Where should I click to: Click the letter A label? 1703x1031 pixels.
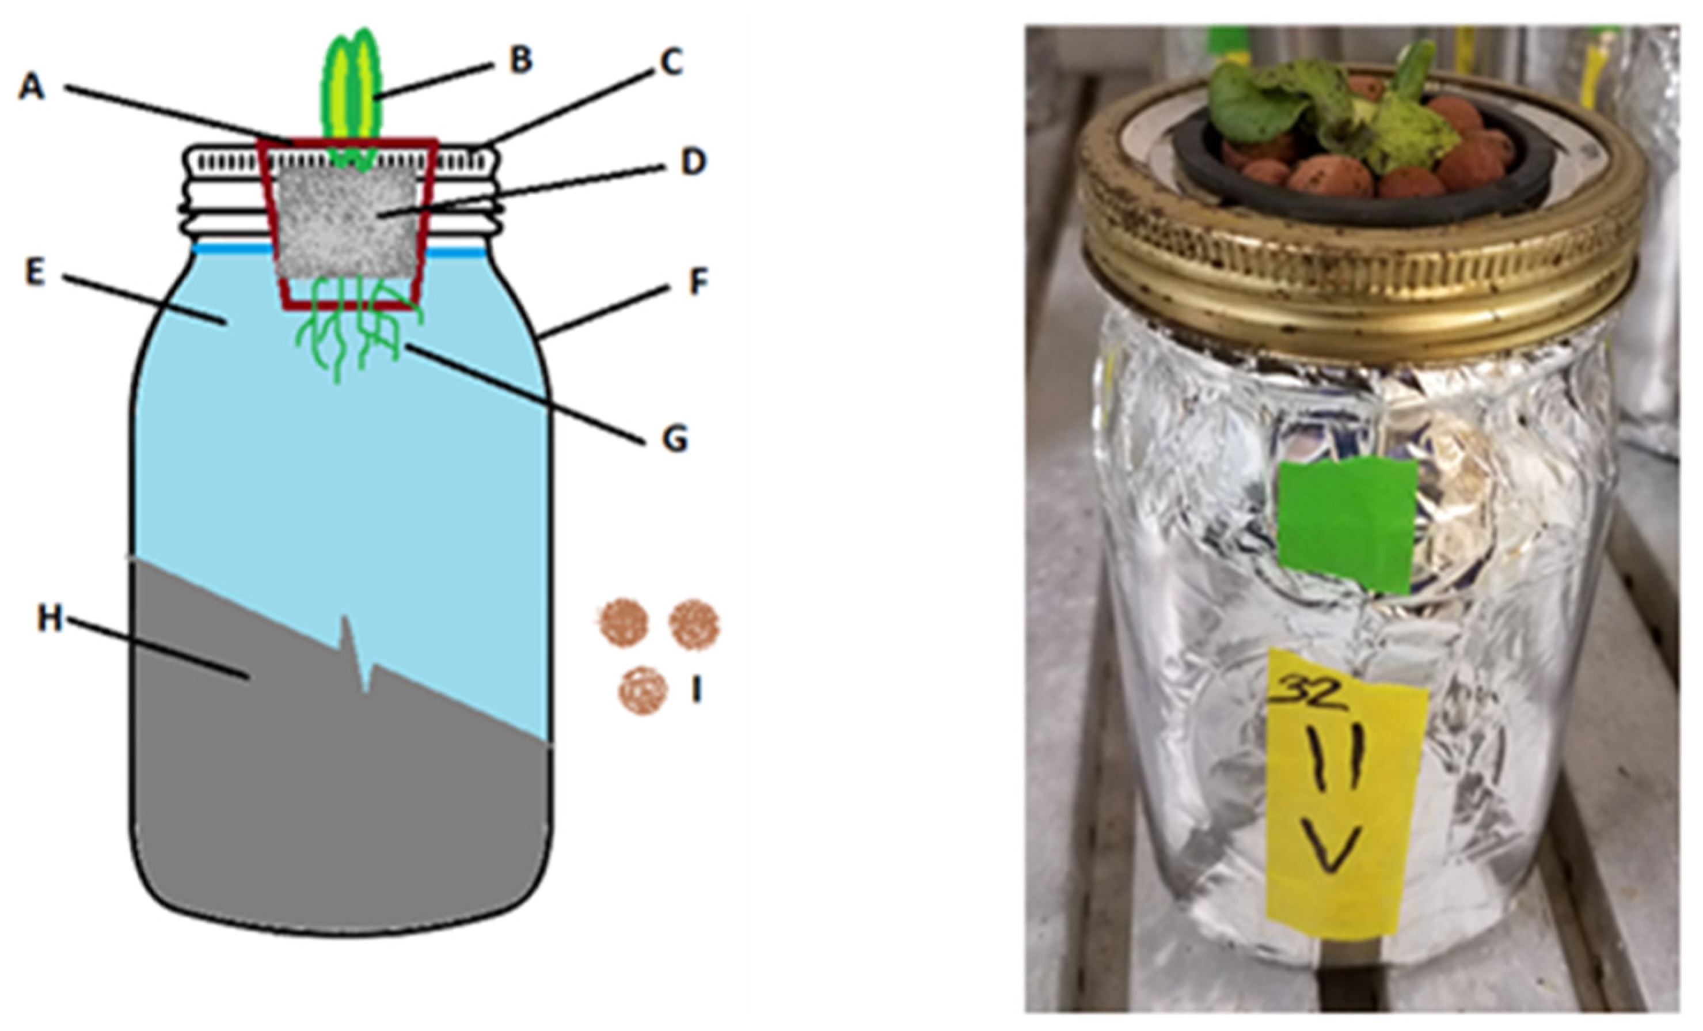coord(31,88)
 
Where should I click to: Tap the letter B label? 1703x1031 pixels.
coord(520,59)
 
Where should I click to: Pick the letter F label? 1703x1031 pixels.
coord(699,282)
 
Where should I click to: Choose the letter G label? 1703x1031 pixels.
coord(675,438)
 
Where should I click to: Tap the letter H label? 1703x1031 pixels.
coord(50,620)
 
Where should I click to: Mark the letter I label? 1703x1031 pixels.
coord(696,689)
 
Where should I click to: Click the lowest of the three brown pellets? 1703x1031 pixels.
coord(643,690)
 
